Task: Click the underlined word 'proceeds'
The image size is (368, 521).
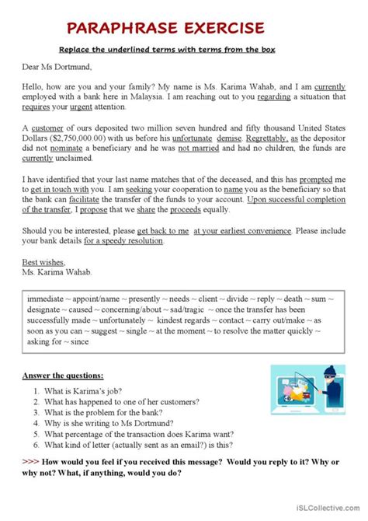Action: [x=224, y=209]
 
